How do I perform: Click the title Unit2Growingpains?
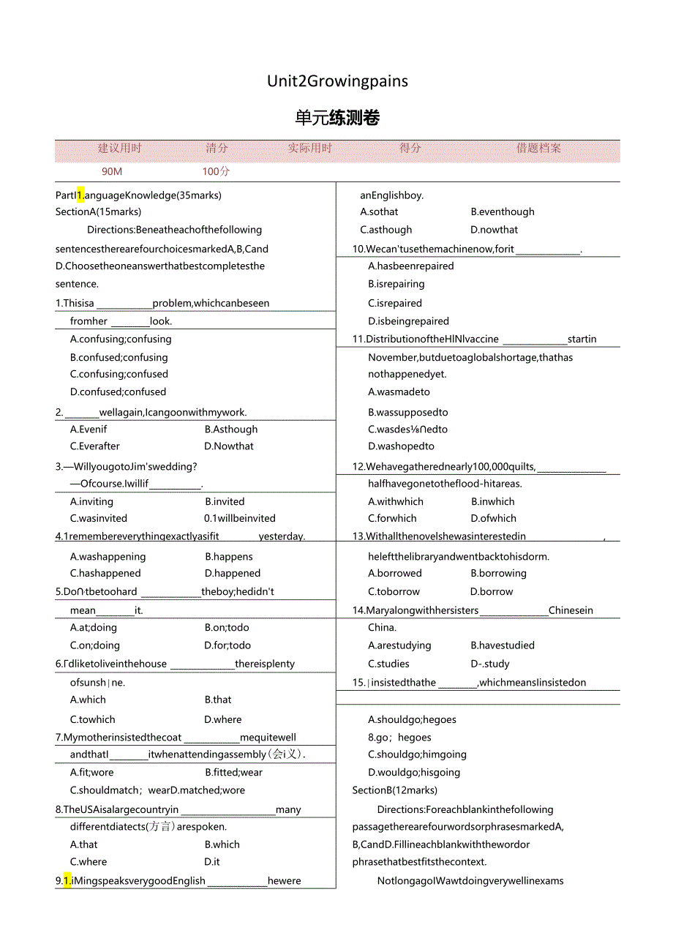[x=337, y=81]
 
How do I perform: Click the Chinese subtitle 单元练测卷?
[x=337, y=118]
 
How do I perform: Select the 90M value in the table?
[x=112, y=171]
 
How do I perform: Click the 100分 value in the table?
[x=216, y=171]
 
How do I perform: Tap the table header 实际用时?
[x=309, y=148]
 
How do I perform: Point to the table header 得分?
[x=410, y=148]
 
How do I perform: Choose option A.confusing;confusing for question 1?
[x=121, y=339]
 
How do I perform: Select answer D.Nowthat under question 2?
[x=229, y=446]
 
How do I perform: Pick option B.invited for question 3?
[x=225, y=501]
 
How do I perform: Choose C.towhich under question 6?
[x=93, y=719]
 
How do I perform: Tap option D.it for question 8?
[x=212, y=861]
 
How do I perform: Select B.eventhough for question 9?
[x=503, y=211]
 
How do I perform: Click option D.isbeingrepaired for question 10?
[x=409, y=321]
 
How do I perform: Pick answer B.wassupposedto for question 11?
[x=408, y=412]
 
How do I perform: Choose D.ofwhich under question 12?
[x=494, y=518]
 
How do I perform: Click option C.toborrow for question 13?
[x=394, y=591]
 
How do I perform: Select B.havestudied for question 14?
[x=503, y=645]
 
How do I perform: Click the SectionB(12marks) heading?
[x=395, y=790]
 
